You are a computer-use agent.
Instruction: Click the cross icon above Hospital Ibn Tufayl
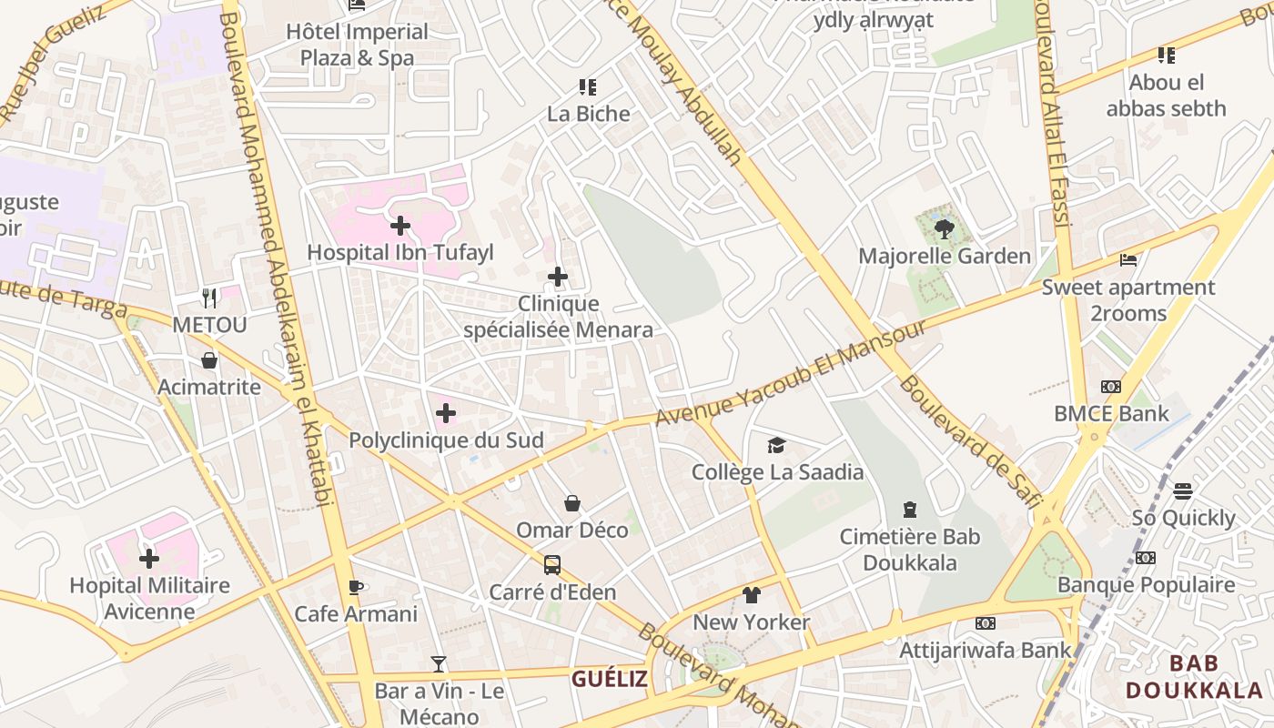(x=399, y=226)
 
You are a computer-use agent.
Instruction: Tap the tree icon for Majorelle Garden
(x=944, y=229)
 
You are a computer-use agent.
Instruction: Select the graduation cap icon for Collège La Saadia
(x=776, y=445)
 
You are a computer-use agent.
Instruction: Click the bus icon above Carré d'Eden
(x=552, y=565)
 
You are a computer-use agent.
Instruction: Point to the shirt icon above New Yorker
(x=751, y=595)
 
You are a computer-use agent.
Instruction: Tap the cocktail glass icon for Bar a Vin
(x=439, y=664)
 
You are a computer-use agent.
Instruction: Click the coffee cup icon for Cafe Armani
(x=356, y=587)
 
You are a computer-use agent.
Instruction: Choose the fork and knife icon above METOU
(x=209, y=298)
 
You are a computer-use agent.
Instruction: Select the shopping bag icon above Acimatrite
(x=209, y=360)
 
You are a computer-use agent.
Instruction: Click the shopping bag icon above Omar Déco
(x=572, y=503)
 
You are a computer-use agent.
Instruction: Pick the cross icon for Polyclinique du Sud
(x=446, y=414)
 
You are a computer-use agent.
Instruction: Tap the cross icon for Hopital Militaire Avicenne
(x=149, y=558)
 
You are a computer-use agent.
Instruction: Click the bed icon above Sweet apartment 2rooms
(x=1128, y=260)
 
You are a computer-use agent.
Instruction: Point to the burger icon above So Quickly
(x=1183, y=491)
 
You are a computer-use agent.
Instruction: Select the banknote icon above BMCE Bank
(x=1111, y=387)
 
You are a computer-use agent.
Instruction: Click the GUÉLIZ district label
(x=610, y=679)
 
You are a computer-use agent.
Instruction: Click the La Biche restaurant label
(x=588, y=114)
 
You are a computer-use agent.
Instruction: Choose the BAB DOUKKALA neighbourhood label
(x=1195, y=676)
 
